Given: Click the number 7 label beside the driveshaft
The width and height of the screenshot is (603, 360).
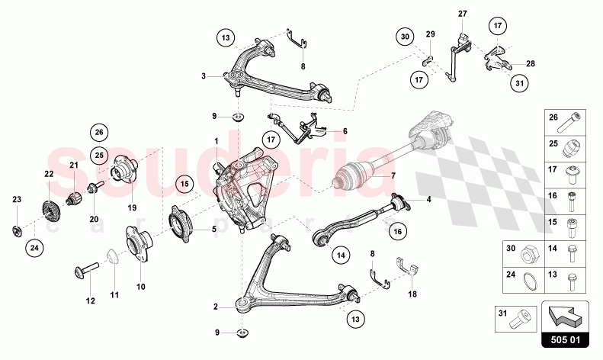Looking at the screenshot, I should [394, 176].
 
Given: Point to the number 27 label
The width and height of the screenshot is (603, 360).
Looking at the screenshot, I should [462, 14].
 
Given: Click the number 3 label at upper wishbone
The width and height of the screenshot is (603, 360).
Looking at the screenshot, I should [204, 76].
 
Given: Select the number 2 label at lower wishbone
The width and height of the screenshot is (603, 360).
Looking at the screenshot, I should [216, 307].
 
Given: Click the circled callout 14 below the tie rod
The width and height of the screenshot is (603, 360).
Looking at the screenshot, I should [340, 255].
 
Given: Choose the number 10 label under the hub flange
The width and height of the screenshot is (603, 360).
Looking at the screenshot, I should [140, 287].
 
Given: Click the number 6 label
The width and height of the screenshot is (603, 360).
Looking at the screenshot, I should [345, 131].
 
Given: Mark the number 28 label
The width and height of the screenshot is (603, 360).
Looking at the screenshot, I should [531, 64].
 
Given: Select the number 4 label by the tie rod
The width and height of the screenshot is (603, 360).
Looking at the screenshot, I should [428, 201].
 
